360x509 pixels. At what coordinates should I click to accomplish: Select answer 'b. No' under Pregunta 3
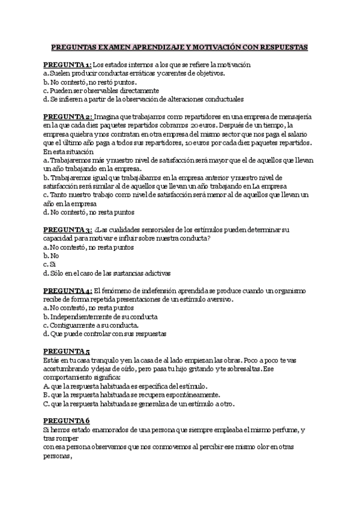pos(50,255)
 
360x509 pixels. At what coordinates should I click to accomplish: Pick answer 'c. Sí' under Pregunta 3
pos(50,264)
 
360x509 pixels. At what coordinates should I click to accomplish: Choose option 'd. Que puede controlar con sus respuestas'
pos(104,333)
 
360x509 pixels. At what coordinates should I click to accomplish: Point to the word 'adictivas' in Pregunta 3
pos(155,272)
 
